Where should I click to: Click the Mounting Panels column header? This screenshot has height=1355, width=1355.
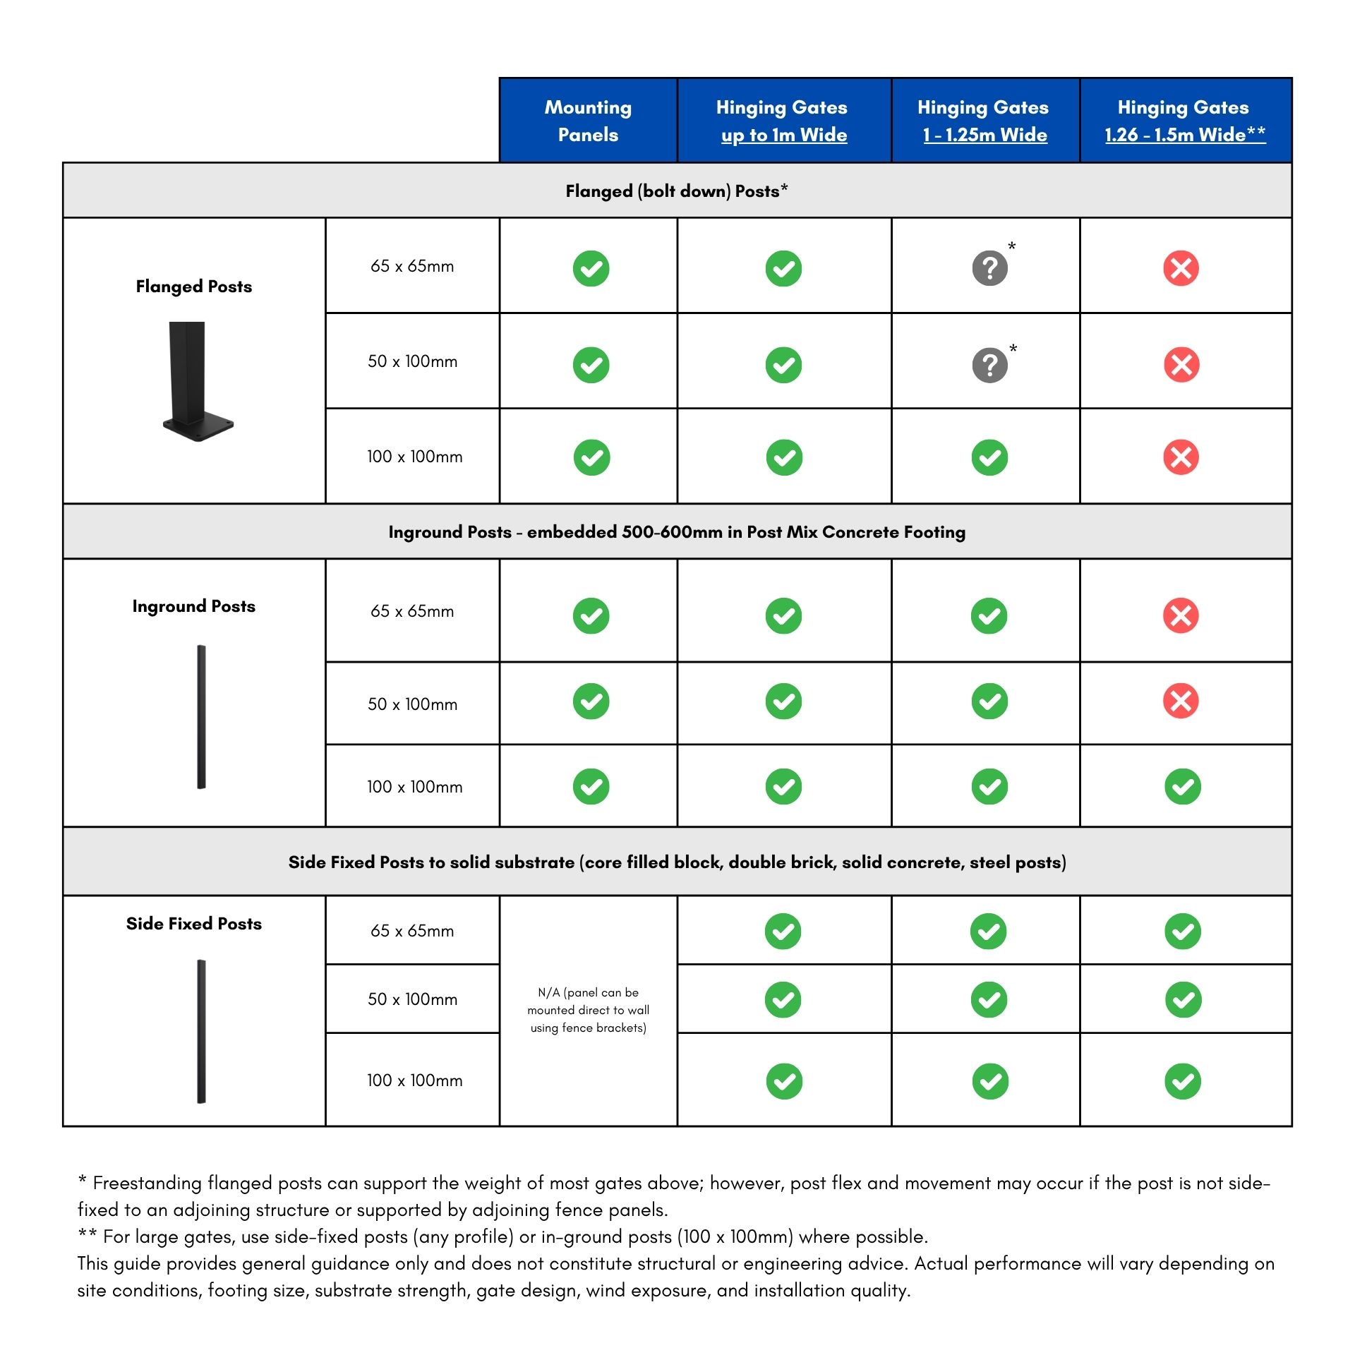pos(588,121)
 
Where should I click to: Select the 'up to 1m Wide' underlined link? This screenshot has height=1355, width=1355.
pos(783,135)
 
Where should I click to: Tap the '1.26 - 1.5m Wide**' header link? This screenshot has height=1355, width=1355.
pos(1184,135)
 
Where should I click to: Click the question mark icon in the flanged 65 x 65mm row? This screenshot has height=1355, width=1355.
pos(989,268)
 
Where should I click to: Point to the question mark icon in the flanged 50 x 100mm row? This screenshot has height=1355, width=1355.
pos(989,365)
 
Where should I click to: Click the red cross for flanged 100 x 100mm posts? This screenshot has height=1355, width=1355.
pos(1181,457)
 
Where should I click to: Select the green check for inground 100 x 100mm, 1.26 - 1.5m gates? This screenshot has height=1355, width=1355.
pos(1182,786)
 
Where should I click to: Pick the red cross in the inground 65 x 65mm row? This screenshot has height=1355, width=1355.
pos(1181,615)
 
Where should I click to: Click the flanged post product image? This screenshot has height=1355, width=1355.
pos(196,381)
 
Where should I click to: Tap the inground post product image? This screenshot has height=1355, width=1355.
pos(201,716)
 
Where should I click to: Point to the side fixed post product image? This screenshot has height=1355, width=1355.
pos(201,1030)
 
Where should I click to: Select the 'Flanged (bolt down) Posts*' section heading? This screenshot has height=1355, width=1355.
pos(676,191)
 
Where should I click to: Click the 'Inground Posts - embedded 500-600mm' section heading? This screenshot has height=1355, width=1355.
pos(676,532)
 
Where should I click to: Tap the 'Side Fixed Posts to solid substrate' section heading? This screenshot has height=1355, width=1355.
pos(676,862)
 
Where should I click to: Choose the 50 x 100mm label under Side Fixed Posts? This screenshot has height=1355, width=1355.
pos(412,999)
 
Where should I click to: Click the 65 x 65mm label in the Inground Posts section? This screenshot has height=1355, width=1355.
pos(412,611)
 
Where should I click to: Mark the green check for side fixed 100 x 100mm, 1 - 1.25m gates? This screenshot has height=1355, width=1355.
pos(989,1080)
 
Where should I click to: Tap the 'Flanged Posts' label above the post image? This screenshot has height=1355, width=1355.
pos(193,287)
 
